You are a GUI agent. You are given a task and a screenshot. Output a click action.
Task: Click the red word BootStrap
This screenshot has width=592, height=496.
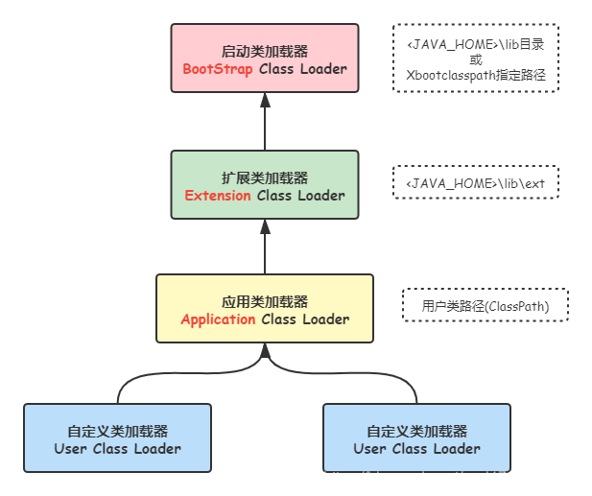[x=218, y=69]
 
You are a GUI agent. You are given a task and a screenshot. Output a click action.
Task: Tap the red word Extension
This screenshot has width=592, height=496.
[x=218, y=195]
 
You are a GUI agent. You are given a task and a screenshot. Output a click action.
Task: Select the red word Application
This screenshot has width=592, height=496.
[x=218, y=319]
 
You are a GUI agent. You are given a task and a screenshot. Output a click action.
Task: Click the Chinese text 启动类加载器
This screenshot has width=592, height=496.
[x=265, y=51]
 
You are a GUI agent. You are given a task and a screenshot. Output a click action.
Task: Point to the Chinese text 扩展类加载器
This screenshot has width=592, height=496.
[x=265, y=177]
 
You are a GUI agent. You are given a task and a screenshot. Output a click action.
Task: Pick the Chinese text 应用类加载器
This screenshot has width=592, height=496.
[x=265, y=301]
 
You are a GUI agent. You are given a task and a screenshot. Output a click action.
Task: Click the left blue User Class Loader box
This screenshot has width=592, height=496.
[x=117, y=437]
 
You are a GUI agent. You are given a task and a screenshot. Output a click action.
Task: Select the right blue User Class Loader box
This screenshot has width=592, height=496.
[x=416, y=437]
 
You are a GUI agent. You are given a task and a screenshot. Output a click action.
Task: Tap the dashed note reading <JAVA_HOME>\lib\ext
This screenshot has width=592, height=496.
[x=475, y=182]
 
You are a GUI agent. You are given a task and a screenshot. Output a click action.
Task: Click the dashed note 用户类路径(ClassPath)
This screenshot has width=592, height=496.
[x=485, y=306]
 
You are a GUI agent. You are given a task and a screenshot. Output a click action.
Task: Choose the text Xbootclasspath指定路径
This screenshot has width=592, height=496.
[x=475, y=75]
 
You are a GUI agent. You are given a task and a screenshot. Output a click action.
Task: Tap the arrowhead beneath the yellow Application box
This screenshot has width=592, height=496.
[x=265, y=352]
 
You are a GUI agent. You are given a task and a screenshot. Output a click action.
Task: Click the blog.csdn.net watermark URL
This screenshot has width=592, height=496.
[x=453, y=477]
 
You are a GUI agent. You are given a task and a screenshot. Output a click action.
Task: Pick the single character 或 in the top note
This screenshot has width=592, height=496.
[x=475, y=59]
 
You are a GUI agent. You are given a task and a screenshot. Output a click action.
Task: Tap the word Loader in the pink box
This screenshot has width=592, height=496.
[x=321, y=69]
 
